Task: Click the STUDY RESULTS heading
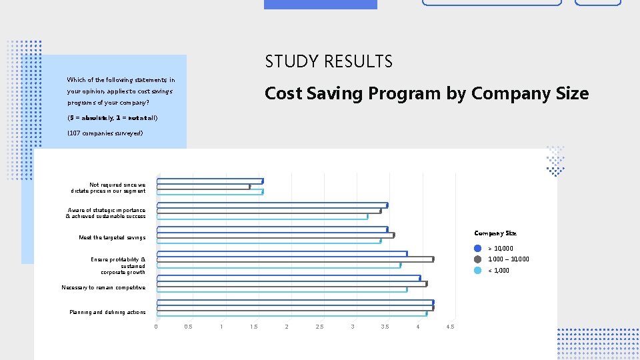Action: [329, 62]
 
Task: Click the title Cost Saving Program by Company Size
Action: [427, 93]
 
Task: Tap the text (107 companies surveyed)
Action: [105, 133]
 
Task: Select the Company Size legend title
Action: [495, 233]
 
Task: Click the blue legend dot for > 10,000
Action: [477, 249]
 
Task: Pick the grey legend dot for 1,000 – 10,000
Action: [477, 259]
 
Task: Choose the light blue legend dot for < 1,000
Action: [477, 270]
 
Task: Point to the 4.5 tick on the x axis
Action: [450, 327]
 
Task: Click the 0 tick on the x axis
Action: [156, 327]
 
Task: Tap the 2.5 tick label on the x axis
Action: [319, 327]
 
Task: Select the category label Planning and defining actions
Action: [107, 312]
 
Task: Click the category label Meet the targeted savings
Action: [111, 237]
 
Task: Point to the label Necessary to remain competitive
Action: [103, 287]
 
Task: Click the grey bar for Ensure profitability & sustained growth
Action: [295, 259]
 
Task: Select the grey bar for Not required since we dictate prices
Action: [203, 187]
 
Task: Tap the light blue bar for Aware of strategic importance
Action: [262, 217]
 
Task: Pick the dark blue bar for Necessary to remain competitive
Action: [288, 277]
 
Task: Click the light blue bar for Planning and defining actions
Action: [291, 313]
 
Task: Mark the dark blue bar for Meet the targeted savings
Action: [272, 229]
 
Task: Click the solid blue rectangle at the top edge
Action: [320, 4]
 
